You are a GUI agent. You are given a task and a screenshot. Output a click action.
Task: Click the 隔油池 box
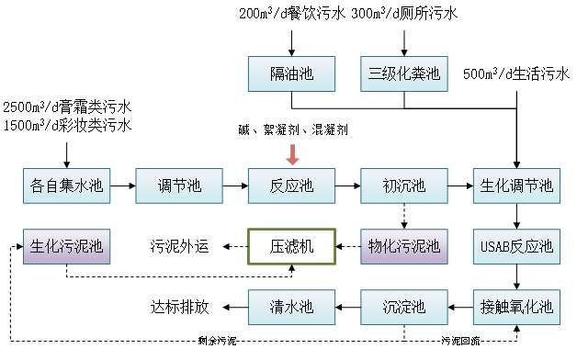point(291,73)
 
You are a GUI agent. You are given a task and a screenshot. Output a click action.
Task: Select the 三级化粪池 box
point(404,73)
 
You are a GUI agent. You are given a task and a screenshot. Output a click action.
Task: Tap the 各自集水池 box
point(66,186)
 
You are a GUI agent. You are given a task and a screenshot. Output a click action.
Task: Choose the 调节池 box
point(179,186)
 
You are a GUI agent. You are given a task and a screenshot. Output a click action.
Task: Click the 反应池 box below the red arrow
point(291,186)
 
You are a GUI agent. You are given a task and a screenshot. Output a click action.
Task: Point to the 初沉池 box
point(404,186)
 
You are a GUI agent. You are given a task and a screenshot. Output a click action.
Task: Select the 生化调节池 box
point(516,186)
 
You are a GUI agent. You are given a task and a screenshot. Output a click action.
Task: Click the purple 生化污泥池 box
point(66,246)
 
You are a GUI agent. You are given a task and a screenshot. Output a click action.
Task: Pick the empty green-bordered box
point(291,246)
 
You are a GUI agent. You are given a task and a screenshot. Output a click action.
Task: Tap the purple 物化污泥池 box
point(404,246)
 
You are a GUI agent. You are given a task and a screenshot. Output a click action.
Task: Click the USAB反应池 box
point(516,246)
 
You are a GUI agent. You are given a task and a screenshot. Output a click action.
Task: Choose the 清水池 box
point(291,307)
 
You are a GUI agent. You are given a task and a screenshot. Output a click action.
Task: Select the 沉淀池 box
point(404,307)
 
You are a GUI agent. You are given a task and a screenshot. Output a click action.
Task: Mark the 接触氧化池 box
point(516,307)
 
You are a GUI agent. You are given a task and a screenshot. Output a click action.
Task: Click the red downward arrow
point(292,153)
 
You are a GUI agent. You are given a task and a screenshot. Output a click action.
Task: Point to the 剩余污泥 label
point(217,342)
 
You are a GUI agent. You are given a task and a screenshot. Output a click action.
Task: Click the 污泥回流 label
point(459,342)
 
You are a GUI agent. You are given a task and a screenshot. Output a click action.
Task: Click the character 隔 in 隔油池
point(277,73)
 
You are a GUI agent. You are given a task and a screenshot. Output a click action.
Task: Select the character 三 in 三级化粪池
point(375,73)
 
